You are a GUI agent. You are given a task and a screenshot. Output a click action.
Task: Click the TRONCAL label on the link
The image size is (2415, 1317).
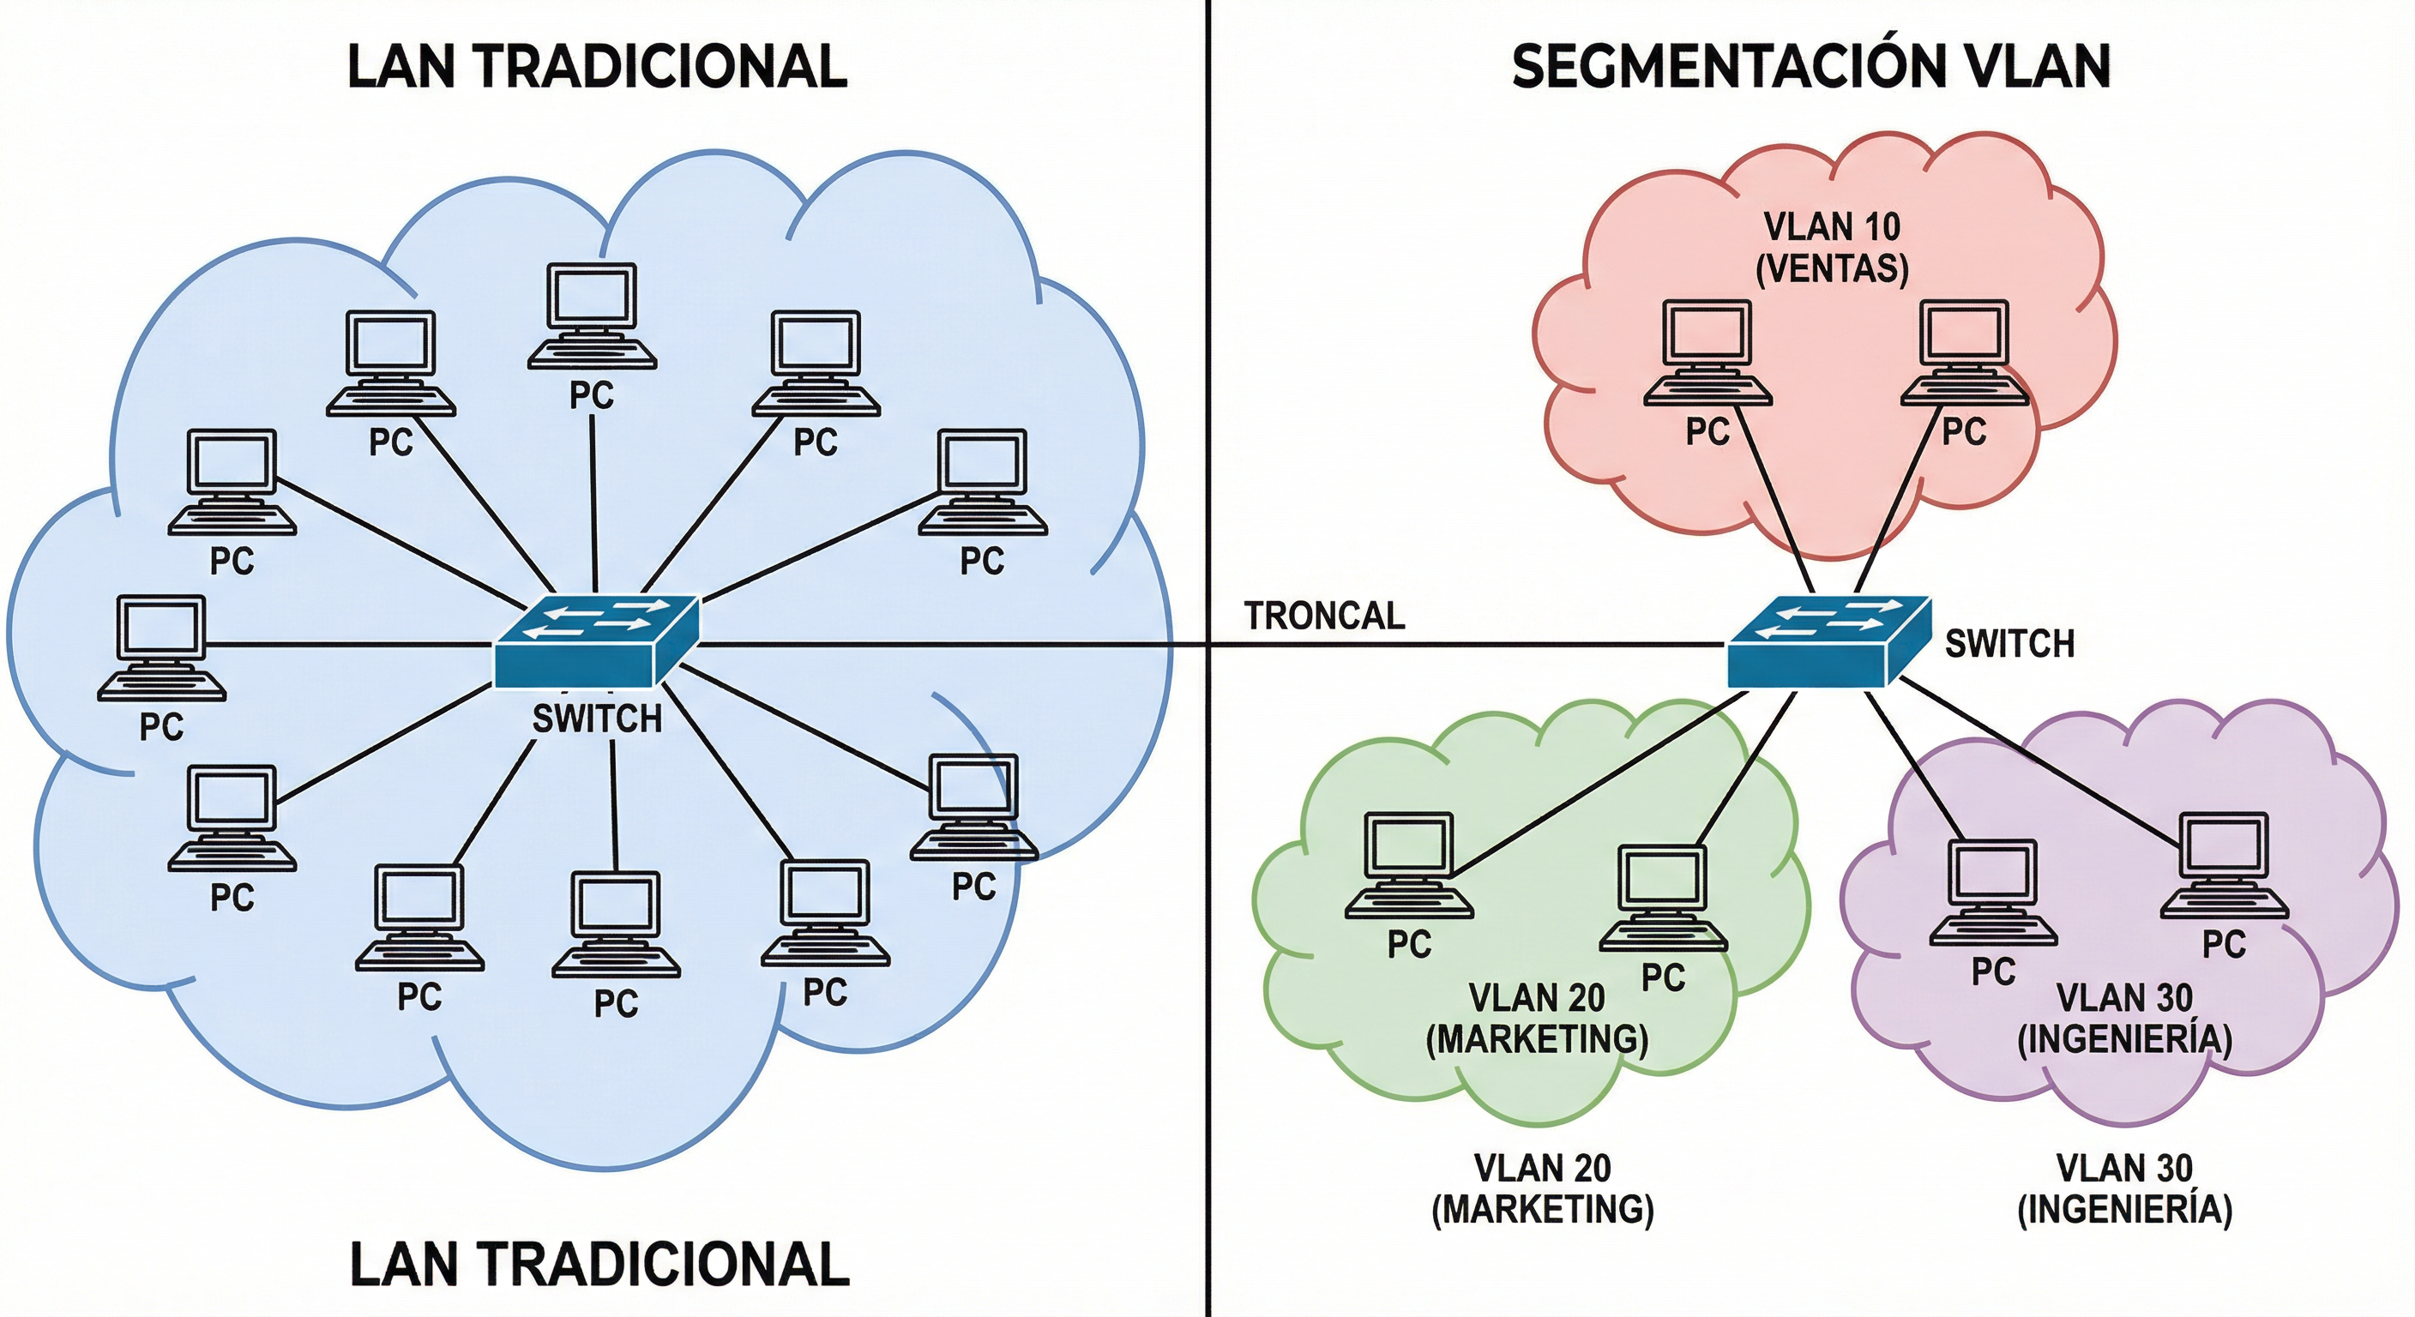coord(1324,616)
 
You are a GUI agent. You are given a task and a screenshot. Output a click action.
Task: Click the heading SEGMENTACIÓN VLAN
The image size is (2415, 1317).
coord(1810,67)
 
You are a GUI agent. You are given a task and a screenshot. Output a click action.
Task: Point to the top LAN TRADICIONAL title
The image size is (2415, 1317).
coord(597,67)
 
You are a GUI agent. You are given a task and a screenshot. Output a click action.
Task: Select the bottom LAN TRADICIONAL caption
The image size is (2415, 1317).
coord(599,1265)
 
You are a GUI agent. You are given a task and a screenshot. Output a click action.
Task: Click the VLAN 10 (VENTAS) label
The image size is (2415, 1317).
coord(1832,248)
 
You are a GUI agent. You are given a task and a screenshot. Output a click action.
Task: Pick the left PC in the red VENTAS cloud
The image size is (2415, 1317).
coord(1707,352)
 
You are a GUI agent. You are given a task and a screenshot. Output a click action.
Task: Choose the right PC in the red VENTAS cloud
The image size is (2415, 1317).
coord(1964,352)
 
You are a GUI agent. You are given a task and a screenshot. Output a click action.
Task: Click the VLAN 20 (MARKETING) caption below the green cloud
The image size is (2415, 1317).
coord(1542,1188)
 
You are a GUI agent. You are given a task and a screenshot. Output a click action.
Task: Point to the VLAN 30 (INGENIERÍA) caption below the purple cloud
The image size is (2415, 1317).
coord(2124,1188)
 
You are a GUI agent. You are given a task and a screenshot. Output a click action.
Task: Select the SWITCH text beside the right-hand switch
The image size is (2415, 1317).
coord(2009,644)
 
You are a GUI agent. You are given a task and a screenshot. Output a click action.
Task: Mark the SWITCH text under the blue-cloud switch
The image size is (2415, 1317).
coord(597,719)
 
